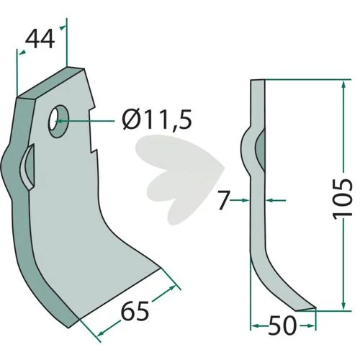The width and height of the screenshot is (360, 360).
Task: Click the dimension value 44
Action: tap(40, 39)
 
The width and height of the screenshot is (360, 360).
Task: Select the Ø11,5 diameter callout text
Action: tap(157, 119)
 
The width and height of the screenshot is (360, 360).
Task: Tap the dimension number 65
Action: tap(135, 311)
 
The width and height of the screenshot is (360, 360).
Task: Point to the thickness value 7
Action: tap(224, 200)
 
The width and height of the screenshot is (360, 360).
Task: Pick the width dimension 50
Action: tap(282, 325)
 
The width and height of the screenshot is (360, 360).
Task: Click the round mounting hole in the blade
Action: tap(58, 121)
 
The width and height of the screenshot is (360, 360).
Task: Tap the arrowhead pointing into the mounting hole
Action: tap(60, 121)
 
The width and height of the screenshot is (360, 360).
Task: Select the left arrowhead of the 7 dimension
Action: tap(246, 200)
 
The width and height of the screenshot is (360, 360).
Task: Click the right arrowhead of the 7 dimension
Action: tap(270, 200)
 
